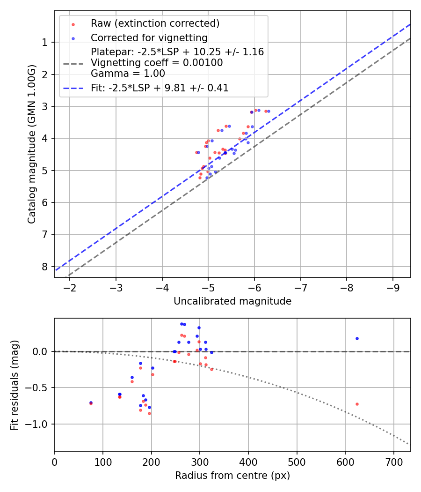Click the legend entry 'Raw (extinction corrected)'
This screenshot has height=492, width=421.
coord(155,23)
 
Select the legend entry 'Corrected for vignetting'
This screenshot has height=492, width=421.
coord(149,37)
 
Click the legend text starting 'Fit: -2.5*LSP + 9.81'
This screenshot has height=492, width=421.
coord(160,88)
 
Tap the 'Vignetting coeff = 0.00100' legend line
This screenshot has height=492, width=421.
coord(157,62)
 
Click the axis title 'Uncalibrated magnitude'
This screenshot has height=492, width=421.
coord(232,301)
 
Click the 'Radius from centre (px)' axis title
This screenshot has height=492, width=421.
coord(232,476)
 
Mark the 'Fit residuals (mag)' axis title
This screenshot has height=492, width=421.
coord(15,385)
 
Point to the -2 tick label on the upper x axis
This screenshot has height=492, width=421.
coord(70,287)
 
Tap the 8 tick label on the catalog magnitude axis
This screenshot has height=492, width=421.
coord(45,266)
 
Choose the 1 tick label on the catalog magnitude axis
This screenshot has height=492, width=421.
coord(45,43)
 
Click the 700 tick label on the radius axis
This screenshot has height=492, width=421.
coord(393,461)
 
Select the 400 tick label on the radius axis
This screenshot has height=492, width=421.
coord(248,461)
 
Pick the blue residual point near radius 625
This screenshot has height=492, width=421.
coord(357,338)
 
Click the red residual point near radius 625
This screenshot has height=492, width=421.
coord(357,404)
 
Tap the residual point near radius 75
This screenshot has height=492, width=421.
coord(91,403)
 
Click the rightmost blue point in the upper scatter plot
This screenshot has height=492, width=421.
coord(269,111)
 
